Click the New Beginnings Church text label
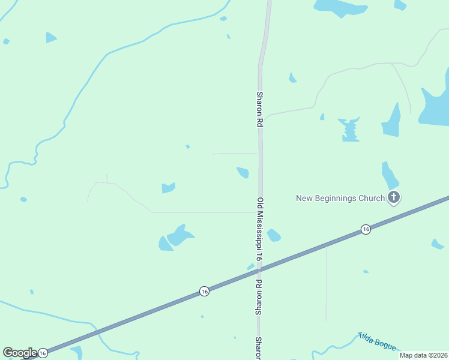tap(340, 198)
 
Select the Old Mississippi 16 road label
tap(260, 229)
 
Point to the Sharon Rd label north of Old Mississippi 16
tap(260, 109)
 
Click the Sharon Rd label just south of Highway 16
tap(260, 297)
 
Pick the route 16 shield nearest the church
tap(365, 230)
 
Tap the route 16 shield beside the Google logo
tap(43, 354)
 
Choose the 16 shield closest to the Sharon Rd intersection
tap(204, 291)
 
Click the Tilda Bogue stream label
tap(377, 341)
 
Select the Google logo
tap(19, 353)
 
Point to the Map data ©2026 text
tap(423, 355)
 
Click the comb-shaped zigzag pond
tap(349, 130)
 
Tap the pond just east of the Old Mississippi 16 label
tap(274, 235)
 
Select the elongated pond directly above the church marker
tap(390, 175)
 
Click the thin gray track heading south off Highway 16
tap(326, 282)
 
